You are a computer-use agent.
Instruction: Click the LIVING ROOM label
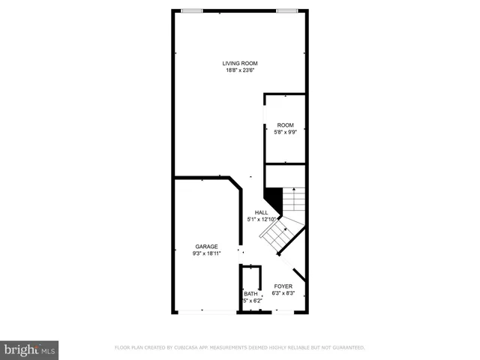tap(240, 63)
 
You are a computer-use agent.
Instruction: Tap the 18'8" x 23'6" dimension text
tap(240, 70)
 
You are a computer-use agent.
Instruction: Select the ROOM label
tap(285, 125)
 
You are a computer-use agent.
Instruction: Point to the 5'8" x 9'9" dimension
tap(285, 133)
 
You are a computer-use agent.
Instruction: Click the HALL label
tap(261, 212)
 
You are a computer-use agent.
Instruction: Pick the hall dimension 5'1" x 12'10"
tap(261, 220)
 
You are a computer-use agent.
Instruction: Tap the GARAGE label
tap(206, 247)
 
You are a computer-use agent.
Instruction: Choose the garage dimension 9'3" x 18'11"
tap(206, 254)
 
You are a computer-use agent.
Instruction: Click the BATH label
tap(250, 294)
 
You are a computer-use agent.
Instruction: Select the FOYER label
tap(283, 286)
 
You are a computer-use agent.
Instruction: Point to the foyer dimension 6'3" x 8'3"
tap(283, 294)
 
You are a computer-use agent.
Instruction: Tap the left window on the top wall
tap(193, 10)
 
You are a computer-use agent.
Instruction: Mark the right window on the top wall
tap(286, 10)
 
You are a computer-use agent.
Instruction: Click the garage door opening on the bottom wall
tap(206, 312)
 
